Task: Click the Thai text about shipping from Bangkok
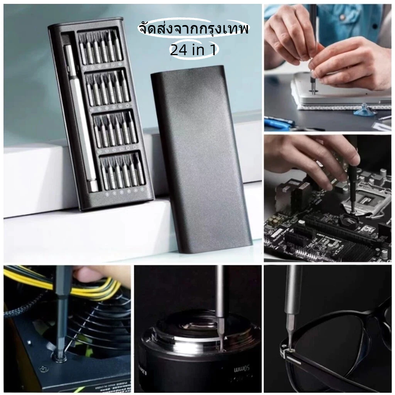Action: point(193,29)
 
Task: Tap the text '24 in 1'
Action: point(193,50)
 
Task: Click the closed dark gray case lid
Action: point(201,159)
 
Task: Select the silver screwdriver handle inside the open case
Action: point(81,118)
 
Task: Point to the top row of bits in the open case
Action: point(101,48)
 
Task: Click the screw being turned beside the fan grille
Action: point(59,358)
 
